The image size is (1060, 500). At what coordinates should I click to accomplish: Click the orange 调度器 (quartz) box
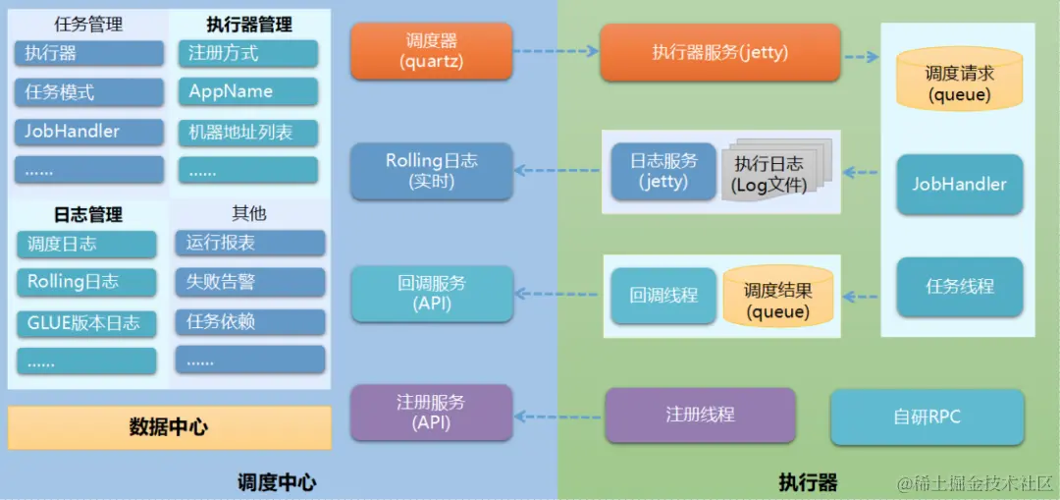tap(432, 52)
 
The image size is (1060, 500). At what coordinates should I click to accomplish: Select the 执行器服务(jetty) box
tap(720, 53)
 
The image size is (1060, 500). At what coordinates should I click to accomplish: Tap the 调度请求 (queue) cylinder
tap(959, 83)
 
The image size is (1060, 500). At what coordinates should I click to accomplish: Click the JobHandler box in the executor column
tap(959, 185)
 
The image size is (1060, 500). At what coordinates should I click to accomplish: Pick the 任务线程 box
tap(959, 287)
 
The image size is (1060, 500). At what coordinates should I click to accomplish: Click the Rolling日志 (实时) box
tap(432, 171)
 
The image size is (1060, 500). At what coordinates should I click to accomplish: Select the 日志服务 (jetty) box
tap(663, 172)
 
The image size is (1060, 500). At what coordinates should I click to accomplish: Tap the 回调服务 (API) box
tap(432, 293)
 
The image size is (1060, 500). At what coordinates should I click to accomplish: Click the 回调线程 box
tap(663, 295)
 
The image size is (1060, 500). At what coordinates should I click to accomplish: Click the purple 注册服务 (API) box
tap(432, 413)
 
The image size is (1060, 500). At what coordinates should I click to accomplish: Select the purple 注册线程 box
tap(700, 415)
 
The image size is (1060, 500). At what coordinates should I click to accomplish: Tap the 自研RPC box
tap(927, 417)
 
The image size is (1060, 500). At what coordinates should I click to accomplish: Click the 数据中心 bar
tap(169, 427)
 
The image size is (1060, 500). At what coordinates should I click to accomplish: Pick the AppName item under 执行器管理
tap(248, 92)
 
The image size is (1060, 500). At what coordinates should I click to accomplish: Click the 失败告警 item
tap(250, 282)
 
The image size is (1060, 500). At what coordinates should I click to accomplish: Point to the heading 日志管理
tap(87, 214)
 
